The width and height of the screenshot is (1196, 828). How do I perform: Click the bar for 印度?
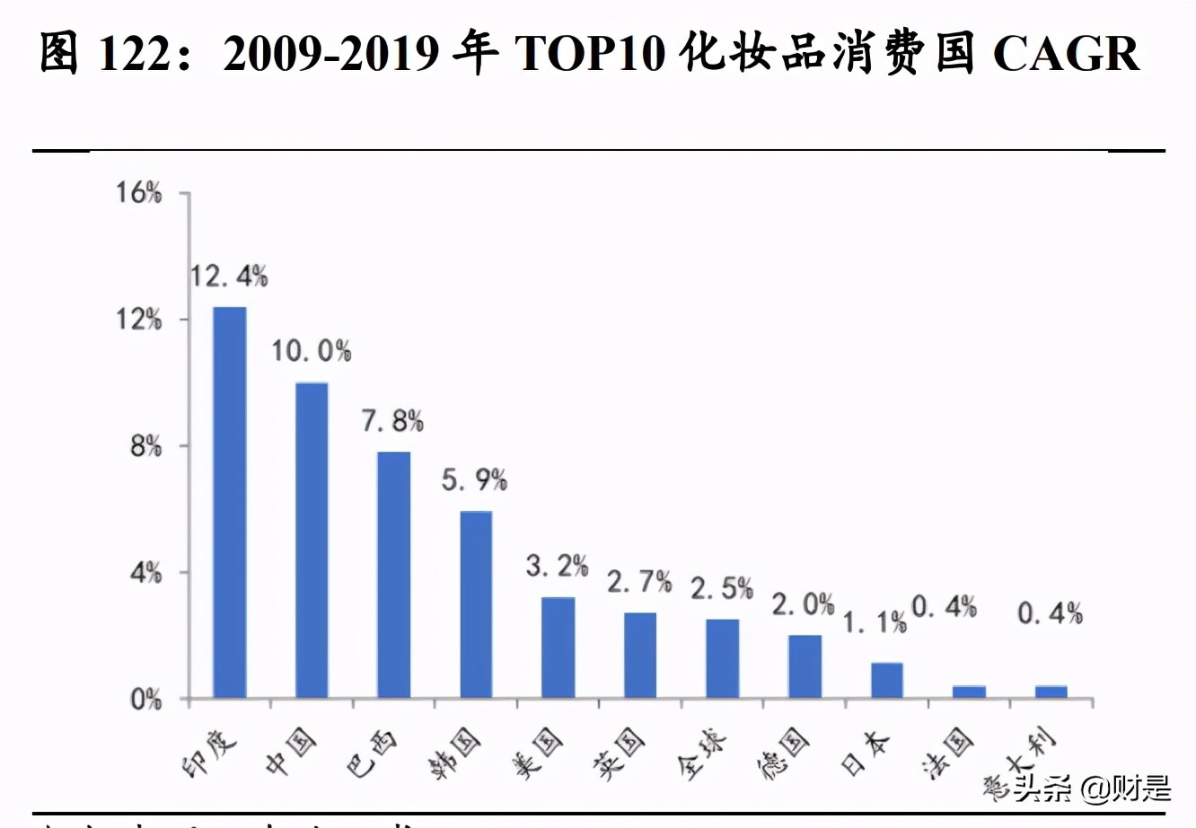229,502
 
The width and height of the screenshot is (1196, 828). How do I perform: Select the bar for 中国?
312,540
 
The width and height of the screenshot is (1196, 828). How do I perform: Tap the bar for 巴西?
393,575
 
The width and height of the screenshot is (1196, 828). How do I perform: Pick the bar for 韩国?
476,604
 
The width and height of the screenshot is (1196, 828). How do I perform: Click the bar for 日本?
887,680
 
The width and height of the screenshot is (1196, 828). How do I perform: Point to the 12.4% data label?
229,277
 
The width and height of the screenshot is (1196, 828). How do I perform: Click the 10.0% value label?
312,351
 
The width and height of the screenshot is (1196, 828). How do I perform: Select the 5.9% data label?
474,480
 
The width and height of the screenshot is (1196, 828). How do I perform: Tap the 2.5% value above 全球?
722,588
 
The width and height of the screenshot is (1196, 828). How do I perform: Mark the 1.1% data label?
875,621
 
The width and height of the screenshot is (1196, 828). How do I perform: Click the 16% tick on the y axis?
138,192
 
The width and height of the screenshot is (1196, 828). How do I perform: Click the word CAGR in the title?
1066,54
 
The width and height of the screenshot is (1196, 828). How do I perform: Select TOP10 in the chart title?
590,54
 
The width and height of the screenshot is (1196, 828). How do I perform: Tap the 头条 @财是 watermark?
1092,788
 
